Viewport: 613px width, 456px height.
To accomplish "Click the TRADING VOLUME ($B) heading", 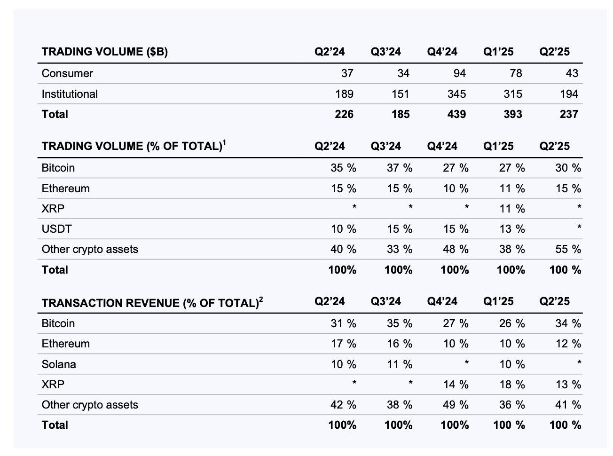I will tap(104, 52).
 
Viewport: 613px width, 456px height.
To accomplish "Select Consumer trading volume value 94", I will tap(459, 73).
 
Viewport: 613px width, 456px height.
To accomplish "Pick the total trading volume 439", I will tap(456, 114).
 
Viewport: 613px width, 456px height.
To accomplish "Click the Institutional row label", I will tap(70, 94).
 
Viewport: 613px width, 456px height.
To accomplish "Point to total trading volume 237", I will tap(569, 114).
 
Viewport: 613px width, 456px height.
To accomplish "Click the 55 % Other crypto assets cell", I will tap(568, 249).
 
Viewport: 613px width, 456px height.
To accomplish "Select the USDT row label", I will tap(56, 229).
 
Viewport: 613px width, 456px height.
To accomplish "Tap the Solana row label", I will tap(59, 364).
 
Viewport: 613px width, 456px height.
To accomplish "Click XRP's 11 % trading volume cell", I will tap(511, 209).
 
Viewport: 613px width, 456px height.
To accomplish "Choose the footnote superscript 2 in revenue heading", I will tap(261, 299).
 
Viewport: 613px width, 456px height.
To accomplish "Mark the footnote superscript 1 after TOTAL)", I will tap(224, 142).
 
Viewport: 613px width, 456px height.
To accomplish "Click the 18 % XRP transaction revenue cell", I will tap(511, 385).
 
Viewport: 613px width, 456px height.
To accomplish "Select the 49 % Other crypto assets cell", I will tap(456, 405).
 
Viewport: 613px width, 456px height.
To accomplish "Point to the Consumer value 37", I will tap(347, 73).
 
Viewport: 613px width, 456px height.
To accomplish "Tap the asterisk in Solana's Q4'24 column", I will tap(466, 363).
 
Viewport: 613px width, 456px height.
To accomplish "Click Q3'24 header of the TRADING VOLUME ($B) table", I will tap(385, 52).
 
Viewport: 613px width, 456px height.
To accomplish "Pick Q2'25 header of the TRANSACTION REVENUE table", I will tap(554, 301).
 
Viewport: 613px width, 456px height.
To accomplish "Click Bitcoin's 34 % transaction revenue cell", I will tap(568, 323).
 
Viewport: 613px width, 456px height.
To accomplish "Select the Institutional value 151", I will tap(400, 94).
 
